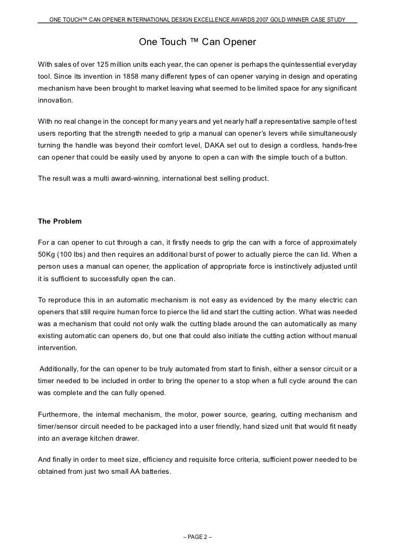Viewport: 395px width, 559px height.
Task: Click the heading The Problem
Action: click(x=60, y=221)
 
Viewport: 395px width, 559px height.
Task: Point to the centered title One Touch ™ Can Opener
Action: click(x=197, y=41)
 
